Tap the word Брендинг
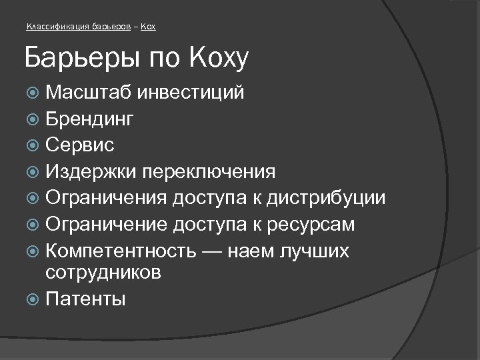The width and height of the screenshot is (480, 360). pos(90,119)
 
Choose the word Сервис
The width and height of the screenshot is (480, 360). pos(80,145)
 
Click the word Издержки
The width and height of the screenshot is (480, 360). pos(91,172)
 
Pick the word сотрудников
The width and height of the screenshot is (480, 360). pos(103,272)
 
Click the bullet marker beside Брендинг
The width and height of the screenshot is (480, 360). pos(35,119)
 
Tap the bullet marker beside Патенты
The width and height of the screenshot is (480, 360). pos(35,299)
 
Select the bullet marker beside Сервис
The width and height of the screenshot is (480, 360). pos(35,145)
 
